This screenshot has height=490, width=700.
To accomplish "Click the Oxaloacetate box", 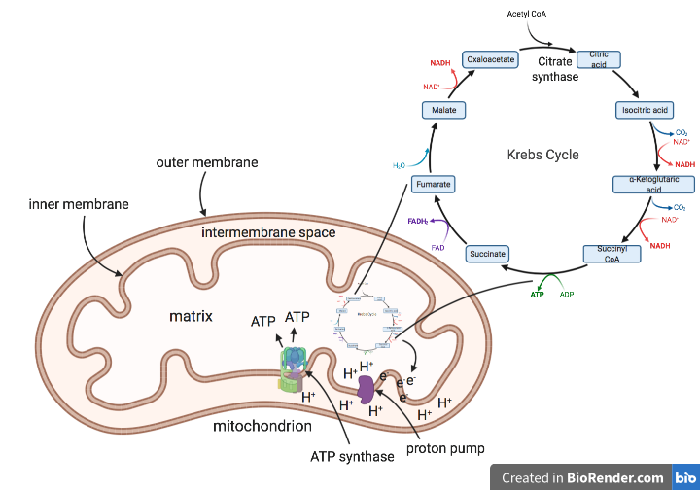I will click(x=490, y=59).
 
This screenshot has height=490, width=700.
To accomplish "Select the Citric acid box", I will click(x=599, y=59).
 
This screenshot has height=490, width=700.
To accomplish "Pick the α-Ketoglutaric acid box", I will click(x=653, y=185).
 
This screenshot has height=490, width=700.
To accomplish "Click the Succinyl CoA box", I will click(x=611, y=254).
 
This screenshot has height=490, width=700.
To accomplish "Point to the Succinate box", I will click(x=487, y=254).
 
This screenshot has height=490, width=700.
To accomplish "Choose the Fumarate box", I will click(x=432, y=184).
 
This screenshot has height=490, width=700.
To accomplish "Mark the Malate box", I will click(x=443, y=111).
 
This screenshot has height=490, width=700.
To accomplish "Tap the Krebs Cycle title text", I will click(x=542, y=155).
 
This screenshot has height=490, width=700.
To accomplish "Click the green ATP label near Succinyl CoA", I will click(x=537, y=293).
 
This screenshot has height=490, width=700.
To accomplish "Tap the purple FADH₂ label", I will click(x=419, y=223).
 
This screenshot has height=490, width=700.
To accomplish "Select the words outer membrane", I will click(x=207, y=162).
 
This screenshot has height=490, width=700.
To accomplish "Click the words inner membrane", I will click(x=65, y=204).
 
